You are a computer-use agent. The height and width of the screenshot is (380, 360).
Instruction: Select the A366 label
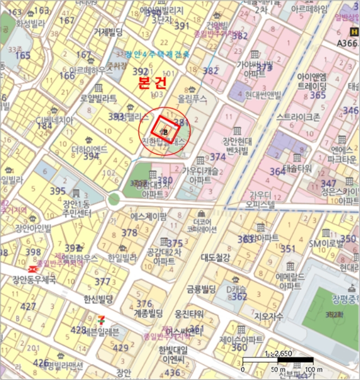tap(347, 43)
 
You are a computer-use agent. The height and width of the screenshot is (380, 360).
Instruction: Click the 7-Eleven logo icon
tap(101, 320)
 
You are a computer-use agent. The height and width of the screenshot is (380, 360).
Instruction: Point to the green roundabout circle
tap(113, 199)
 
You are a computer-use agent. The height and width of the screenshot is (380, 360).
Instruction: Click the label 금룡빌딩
tap(201, 288)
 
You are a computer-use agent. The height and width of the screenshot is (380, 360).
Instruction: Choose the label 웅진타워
tap(189, 314)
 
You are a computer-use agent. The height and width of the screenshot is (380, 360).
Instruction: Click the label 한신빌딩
tap(98, 299)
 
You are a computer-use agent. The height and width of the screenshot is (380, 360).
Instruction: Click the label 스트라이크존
tap(298, 116)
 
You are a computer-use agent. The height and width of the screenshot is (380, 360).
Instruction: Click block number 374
tap(218, 156)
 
